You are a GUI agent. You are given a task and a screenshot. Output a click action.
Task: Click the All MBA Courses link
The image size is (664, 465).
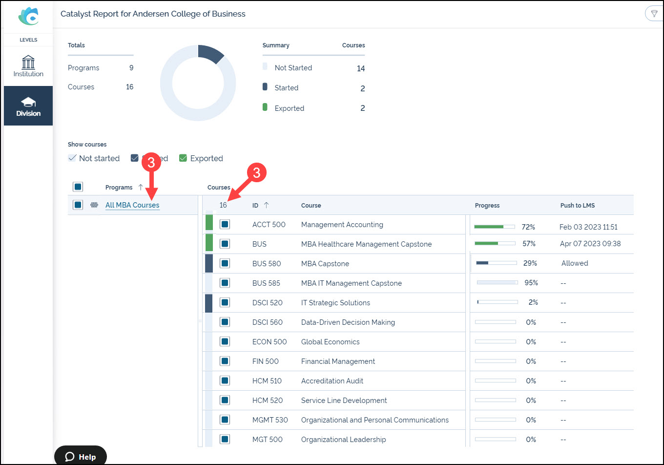132,205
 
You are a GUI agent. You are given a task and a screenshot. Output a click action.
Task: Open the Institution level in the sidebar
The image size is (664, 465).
28,66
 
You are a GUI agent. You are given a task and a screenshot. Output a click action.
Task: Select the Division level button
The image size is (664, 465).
28,106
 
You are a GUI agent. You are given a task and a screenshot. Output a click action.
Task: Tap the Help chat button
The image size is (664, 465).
81,456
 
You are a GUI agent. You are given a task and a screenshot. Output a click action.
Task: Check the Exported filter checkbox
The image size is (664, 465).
183,158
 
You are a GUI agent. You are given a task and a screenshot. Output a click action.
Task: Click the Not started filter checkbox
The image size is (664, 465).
72,158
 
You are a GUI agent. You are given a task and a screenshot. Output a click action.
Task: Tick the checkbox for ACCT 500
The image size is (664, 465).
225,224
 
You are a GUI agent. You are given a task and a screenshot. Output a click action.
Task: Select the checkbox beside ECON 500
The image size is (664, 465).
225,341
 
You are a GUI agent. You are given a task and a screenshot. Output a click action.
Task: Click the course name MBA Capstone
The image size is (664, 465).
325,263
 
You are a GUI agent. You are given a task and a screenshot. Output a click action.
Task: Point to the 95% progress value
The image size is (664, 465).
531,283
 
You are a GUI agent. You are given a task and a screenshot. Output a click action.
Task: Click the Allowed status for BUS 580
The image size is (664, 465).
575,263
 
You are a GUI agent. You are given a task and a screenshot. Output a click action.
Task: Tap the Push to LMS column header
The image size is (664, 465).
577,205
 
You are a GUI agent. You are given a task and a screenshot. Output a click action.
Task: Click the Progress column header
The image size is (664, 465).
487,205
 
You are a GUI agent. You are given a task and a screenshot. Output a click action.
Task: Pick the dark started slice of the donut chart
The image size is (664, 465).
210,53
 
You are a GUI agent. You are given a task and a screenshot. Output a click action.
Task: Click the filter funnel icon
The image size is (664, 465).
654,14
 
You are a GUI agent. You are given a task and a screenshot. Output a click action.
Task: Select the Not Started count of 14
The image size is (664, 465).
360,68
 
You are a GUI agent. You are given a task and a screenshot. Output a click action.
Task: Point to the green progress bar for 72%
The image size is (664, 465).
489,227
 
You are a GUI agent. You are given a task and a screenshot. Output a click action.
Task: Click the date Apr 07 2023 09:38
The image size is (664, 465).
590,243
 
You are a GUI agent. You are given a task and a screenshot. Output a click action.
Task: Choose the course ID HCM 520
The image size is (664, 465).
267,400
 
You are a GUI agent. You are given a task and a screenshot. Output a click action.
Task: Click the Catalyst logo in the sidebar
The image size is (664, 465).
28,16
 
